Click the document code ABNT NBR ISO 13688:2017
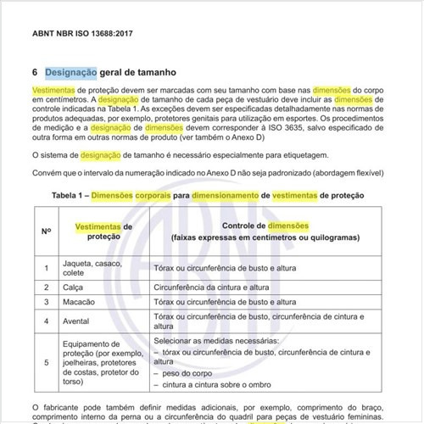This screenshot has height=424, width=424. pos(83,36)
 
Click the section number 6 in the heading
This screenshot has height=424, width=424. pos(35,72)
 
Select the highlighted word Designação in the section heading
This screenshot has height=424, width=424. pos(71,72)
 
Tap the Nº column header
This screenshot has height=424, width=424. pos(46,232)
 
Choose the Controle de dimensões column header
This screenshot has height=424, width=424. pos(265,226)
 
